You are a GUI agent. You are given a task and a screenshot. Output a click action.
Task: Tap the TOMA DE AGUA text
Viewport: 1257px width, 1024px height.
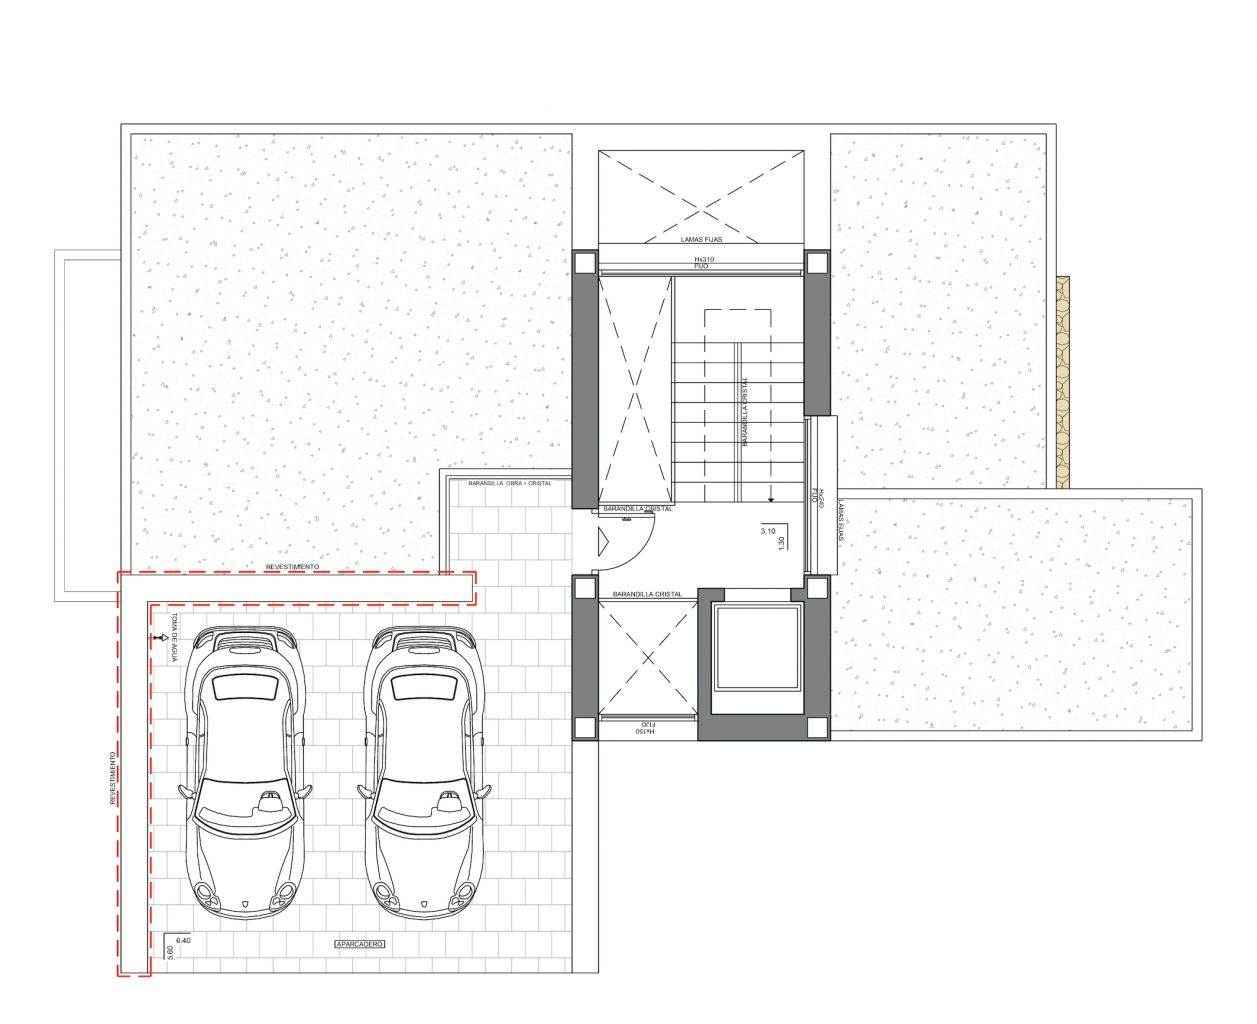173,638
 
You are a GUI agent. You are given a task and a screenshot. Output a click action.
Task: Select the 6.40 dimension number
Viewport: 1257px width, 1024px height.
182,941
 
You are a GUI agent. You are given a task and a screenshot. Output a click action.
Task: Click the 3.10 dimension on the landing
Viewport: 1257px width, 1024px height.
768,532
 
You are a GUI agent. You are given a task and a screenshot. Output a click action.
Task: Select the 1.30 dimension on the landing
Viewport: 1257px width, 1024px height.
781,540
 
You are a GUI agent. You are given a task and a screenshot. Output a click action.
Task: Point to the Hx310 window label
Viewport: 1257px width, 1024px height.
705,259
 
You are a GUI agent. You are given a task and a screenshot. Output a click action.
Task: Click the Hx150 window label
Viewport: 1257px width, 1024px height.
645,733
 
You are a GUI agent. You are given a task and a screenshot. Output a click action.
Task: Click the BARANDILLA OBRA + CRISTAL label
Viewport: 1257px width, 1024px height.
508,483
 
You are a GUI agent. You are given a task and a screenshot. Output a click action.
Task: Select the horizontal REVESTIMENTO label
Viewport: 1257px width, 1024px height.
293,567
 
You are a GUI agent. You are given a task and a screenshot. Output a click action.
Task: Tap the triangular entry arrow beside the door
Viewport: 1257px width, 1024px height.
602,541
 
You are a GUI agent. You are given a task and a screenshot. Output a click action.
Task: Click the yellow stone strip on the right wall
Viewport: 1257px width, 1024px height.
1060,380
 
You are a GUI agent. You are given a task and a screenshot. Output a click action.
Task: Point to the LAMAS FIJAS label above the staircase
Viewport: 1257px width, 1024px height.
701,240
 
